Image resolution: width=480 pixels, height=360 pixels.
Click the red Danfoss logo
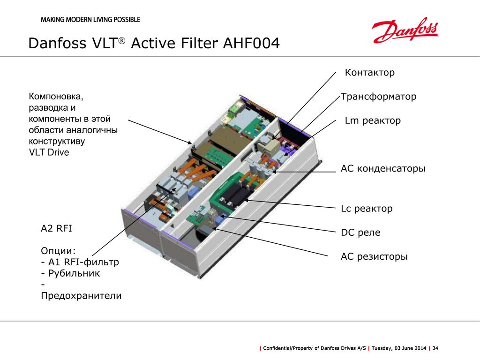(405, 30)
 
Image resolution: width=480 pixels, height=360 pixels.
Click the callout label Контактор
(370, 73)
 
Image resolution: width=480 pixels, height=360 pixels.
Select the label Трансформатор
(378, 97)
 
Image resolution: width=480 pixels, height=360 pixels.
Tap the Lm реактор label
(373, 120)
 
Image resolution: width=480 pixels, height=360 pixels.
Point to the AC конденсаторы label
(383, 169)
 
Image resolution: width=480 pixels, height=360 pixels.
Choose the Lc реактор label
(367, 209)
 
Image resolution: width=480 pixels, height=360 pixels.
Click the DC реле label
(360, 232)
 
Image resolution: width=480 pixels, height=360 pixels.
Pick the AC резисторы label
(374, 256)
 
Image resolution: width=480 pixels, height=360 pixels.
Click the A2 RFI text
(56, 228)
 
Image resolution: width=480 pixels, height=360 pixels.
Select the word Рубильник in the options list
(74, 273)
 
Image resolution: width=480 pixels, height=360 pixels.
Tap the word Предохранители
(81, 296)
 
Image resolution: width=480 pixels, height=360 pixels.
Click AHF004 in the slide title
(251, 43)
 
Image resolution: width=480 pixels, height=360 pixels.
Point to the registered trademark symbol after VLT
(121, 40)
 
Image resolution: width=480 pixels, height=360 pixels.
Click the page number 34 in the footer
(435, 348)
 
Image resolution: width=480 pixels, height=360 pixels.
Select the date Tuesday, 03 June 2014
(398, 348)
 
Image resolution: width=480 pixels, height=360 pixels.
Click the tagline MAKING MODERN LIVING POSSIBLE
(90, 20)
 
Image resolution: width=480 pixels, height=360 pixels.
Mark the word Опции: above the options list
(58, 251)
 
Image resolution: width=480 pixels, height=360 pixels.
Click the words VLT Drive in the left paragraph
(49, 152)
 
